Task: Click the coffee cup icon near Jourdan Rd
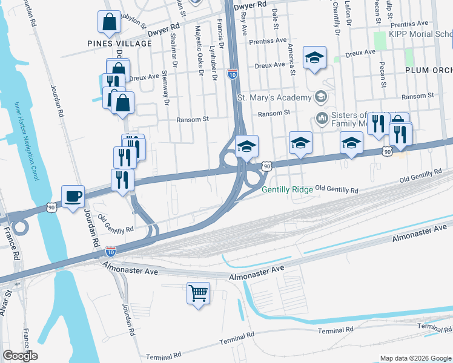(73, 197)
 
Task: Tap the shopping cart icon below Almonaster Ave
(198, 293)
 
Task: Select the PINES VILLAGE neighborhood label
(119, 44)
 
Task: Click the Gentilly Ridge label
(287, 189)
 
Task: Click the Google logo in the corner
(20, 356)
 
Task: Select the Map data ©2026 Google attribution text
(415, 358)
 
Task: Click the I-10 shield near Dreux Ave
(232, 74)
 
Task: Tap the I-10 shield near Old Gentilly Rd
(111, 250)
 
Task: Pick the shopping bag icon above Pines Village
(110, 22)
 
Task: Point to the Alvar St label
(8, 302)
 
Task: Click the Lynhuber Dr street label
(213, 62)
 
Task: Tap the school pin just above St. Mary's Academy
(314, 57)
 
